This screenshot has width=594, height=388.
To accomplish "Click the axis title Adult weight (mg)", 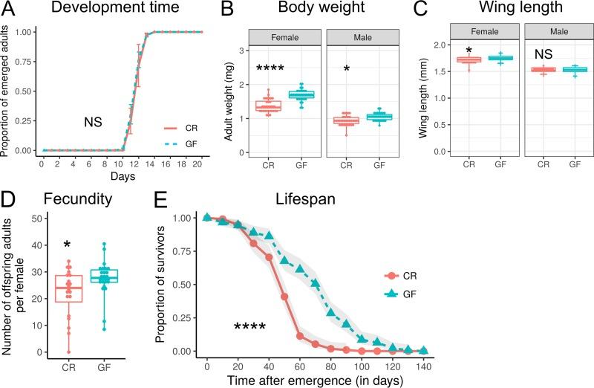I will coord(223,99).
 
